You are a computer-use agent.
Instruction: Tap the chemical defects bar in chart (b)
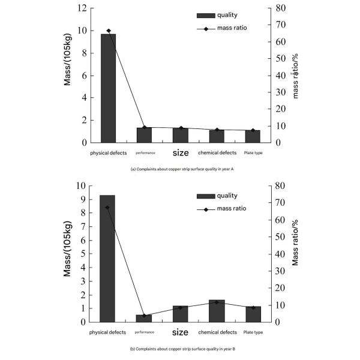(216, 311)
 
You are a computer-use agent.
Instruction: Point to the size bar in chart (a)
(180, 135)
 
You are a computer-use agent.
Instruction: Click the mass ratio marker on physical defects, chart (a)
(109, 31)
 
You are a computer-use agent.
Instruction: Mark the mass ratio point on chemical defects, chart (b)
(217, 302)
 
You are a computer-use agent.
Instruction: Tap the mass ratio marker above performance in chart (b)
(144, 316)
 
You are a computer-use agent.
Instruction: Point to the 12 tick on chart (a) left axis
(82, 8)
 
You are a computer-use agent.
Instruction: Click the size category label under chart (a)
(180, 153)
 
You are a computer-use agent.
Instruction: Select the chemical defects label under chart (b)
(216, 332)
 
